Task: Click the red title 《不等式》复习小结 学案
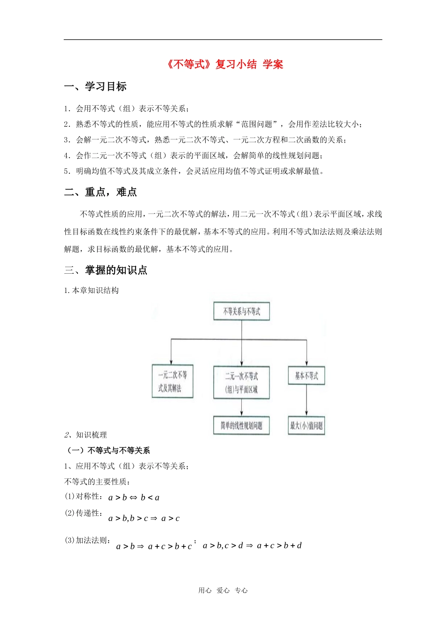click(225, 64)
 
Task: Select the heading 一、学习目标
click(95, 86)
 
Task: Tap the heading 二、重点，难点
click(100, 192)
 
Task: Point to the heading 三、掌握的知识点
click(106, 270)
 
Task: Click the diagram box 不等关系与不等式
click(241, 311)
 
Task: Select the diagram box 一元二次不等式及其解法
click(172, 381)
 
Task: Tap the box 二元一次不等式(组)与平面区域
click(241, 383)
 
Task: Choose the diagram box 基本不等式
click(306, 376)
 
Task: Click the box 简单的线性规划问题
click(241, 426)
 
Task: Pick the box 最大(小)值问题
click(306, 426)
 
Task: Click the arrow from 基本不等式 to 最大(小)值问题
click(307, 400)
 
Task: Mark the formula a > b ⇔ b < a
click(134, 498)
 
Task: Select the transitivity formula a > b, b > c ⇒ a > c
click(144, 518)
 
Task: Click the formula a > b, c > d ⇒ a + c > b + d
click(252, 546)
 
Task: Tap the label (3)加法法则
click(87, 540)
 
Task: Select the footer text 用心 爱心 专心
click(223, 591)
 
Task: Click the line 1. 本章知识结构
click(92, 291)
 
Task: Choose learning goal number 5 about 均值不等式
click(194, 171)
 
